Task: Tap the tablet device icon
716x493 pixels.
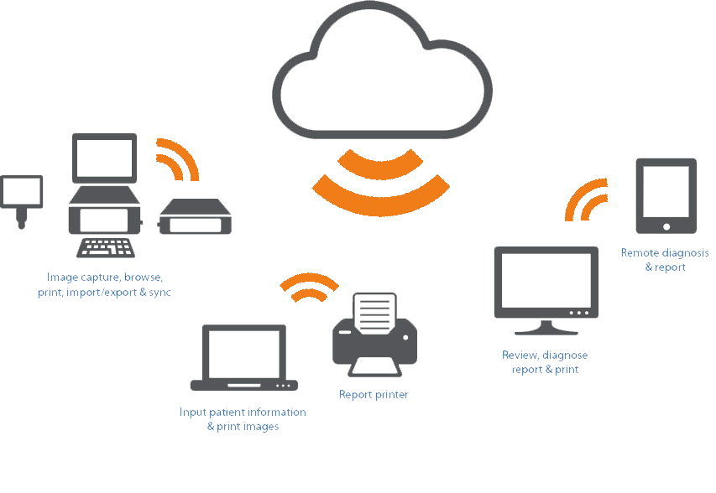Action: click(666, 195)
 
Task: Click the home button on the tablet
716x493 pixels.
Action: click(666, 226)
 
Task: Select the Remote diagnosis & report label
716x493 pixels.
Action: click(665, 260)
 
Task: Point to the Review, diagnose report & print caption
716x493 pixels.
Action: click(545, 362)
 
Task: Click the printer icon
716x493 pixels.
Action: click(374, 335)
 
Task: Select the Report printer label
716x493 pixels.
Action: click(374, 394)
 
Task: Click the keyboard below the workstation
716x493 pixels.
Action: click(106, 248)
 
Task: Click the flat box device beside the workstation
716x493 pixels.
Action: click(195, 217)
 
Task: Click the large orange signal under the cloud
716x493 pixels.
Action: click(380, 183)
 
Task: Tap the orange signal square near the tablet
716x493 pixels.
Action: click(586, 200)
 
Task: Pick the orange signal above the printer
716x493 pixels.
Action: click(309, 286)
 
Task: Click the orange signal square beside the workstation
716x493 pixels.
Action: click(178, 159)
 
